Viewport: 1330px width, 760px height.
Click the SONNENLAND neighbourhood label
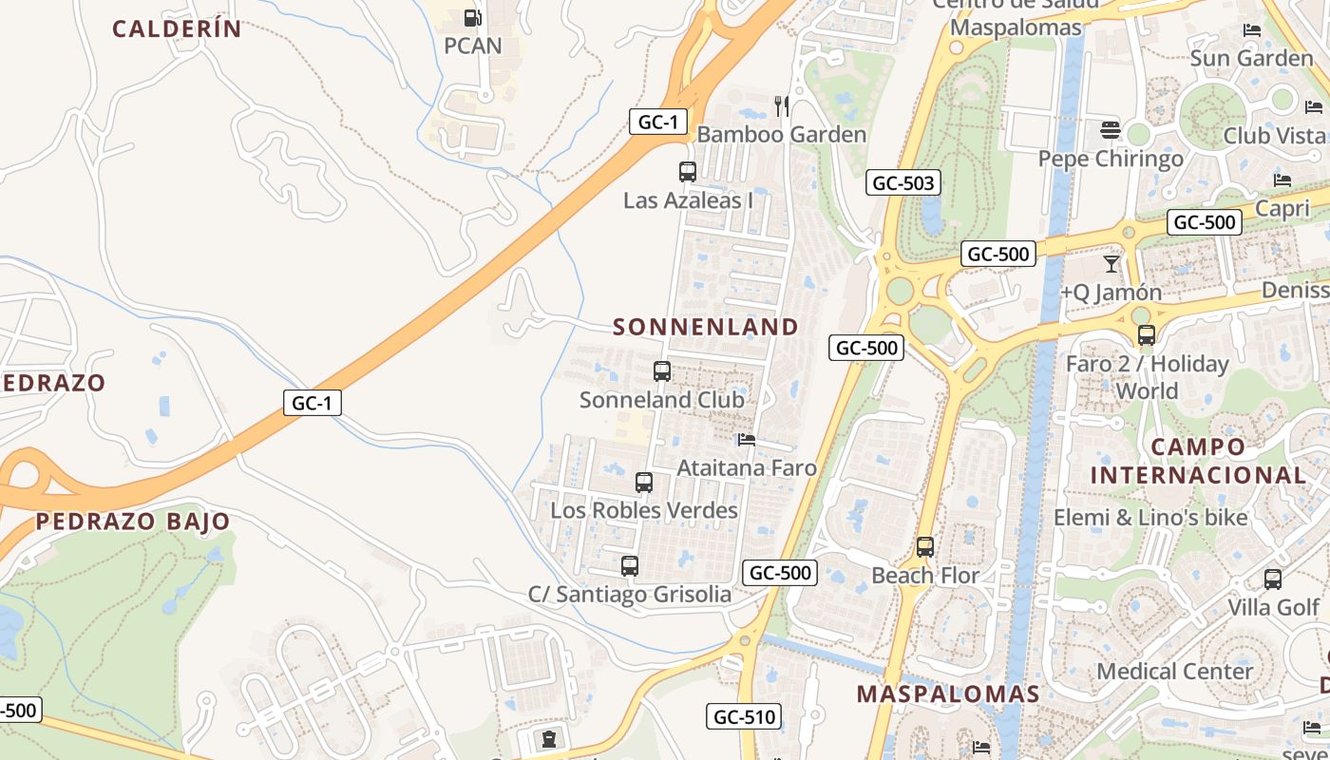[x=705, y=327]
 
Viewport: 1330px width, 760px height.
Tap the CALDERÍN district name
[x=177, y=28]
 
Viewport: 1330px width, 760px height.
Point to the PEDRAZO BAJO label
[x=133, y=521]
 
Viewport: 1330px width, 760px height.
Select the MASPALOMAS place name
[x=948, y=693]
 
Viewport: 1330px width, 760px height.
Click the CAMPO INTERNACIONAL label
[x=1198, y=461]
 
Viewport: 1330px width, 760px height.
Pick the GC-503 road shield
[x=902, y=183]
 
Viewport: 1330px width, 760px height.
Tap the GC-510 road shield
[x=744, y=717]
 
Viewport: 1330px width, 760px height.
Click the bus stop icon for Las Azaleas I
[x=688, y=172]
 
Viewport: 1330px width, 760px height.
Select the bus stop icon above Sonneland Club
[x=662, y=371]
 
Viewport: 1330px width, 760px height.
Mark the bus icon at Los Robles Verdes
[x=644, y=483]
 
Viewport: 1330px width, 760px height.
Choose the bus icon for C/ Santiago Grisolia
[x=630, y=566]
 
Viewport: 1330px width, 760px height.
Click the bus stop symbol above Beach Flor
[x=925, y=547]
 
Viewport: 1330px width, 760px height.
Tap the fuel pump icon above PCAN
[x=472, y=17]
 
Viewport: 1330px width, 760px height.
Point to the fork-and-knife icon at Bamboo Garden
[x=782, y=105]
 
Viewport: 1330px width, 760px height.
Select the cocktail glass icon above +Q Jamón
[x=1111, y=263]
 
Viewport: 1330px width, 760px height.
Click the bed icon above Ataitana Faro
[x=747, y=440]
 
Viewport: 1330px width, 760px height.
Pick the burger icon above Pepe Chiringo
[x=1111, y=129]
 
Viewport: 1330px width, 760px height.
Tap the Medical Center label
[x=1174, y=671]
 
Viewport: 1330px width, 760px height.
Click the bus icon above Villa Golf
[x=1273, y=579]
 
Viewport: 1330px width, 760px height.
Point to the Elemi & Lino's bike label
[x=1149, y=518]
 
